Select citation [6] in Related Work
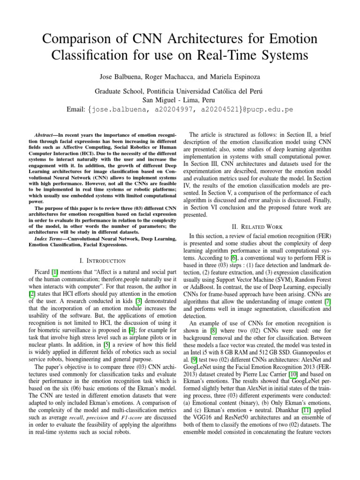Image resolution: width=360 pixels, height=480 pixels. pos(240,257)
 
